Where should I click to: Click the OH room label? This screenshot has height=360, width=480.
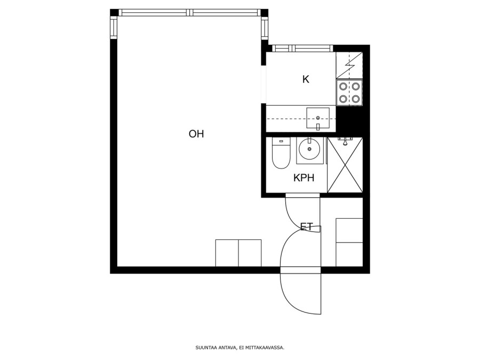click(x=196, y=134)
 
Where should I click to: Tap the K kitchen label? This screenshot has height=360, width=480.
click(x=306, y=79)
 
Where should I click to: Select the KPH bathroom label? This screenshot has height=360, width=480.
click(x=303, y=178)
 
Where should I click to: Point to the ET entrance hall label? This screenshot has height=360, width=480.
click(x=307, y=227)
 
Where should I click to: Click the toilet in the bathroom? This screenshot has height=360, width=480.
click(x=281, y=153)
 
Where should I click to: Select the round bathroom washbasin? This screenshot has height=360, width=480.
click(x=309, y=149)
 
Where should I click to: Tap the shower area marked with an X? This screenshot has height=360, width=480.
click(x=345, y=165)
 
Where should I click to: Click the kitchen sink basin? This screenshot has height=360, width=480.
click(x=318, y=118)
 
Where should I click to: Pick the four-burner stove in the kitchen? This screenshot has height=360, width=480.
click(x=349, y=92)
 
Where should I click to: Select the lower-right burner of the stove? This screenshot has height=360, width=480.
click(x=355, y=99)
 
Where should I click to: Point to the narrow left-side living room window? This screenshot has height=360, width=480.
click(x=114, y=28)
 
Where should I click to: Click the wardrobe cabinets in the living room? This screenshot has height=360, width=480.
click(x=238, y=253)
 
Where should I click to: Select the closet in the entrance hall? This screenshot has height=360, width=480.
click(x=349, y=243)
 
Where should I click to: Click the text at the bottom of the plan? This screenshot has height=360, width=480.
click(x=240, y=348)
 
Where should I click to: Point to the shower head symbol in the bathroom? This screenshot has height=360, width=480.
click(x=345, y=141)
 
